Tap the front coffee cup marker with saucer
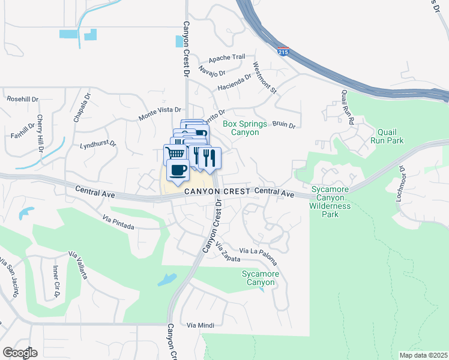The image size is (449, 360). point(177,170)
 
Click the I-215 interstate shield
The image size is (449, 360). point(283,52)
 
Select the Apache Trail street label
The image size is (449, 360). point(227,58)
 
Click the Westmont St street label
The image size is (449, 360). point(264,78)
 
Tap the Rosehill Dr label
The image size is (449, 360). point(22,98)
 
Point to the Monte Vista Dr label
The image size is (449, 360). point(160,110)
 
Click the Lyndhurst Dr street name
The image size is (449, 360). point(98,145)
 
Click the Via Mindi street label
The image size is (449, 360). point(200,325)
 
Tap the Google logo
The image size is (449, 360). point(20,352)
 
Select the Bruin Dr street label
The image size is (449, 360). point(284,125)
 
